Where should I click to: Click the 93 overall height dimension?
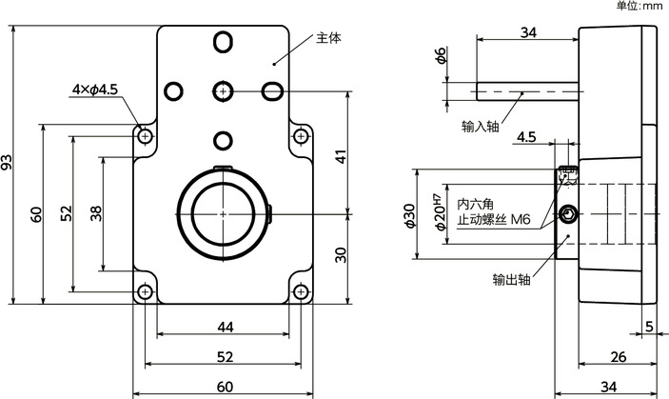tap(10, 164)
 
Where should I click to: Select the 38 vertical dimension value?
tap(95, 213)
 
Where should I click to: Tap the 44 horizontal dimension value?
tap(225, 327)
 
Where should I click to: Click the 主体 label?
tap(327, 39)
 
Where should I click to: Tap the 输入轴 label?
tap(481, 126)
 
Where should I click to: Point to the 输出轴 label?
tap(511, 280)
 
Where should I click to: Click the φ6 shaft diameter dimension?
tap(440, 57)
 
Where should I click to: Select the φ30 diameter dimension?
tap(410, 215)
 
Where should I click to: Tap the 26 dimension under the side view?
tap(617, 357)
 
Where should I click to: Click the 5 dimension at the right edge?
tap(649, 327)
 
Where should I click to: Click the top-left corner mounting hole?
tap(145, 136)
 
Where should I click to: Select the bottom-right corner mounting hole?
tap(301, 291)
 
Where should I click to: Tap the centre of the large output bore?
tap(223, 213)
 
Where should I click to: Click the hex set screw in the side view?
tap(568, 214)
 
